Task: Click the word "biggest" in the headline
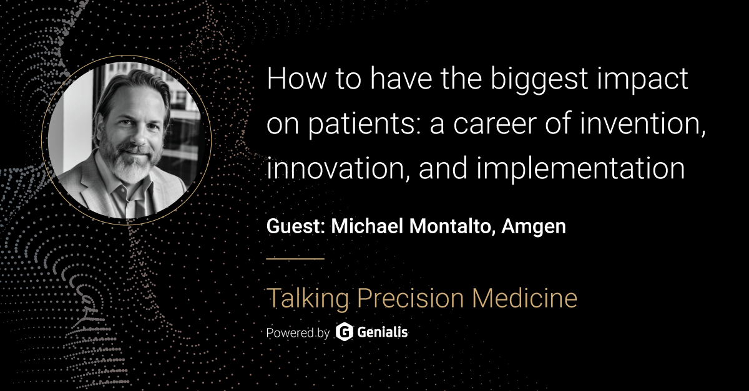(539, 81)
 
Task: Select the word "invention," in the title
(642, 124)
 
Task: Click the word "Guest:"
(296, 226)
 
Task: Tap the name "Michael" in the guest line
(367, 226)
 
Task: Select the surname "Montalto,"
(452, 226)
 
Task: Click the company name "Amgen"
(534, 227)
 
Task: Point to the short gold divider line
(295, 259)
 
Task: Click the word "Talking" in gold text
(308, 299)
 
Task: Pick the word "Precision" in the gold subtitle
(411, 298)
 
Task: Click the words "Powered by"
(298, 333)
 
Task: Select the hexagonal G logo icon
(344, 332)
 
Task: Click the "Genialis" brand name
(383, 332)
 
